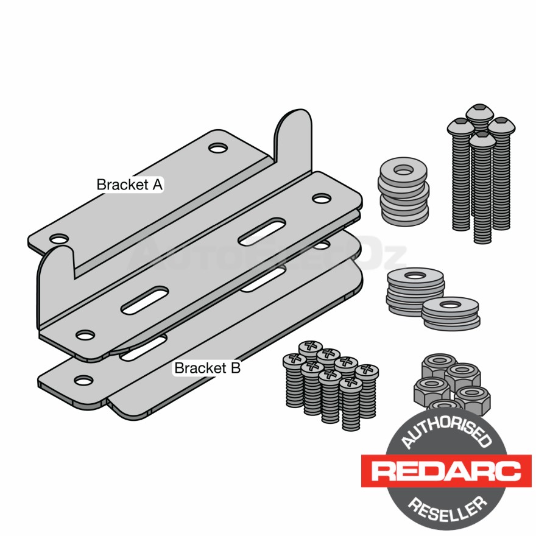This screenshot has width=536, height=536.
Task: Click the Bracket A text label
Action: (130, 185)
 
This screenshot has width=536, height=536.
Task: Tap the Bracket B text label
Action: (208, 368)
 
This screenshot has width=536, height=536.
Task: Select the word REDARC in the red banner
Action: (446, 471)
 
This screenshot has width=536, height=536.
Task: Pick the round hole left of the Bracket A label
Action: (59, 239)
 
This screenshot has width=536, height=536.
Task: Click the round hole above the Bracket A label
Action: (217, 147)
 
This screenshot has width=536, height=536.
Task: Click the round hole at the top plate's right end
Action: (320, 198)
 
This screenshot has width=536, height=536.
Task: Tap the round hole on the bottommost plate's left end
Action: (83, 380)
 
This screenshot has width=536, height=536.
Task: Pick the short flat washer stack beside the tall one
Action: (450, 312)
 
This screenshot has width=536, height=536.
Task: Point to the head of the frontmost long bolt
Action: (482, 140)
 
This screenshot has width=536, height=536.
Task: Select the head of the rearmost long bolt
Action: (479, 113)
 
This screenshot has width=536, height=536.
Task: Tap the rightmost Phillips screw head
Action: (367, 370)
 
